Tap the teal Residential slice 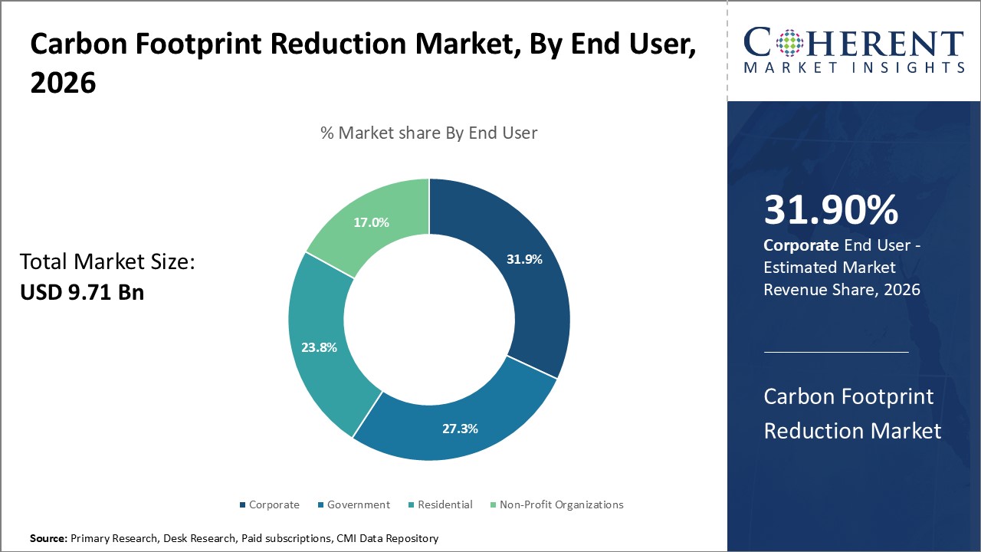click(322, 360)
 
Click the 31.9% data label click(524, 259)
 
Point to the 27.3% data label click(460, 429)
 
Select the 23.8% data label click(319, 347)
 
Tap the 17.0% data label click(371, 222)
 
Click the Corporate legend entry click(270, 504)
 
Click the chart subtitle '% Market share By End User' click(428, 133)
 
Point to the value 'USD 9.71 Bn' click(82, 292)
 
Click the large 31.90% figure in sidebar click(831, 210)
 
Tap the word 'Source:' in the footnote click(48, 539)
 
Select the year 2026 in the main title click(63, 83)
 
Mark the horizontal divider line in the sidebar click(836, 352)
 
